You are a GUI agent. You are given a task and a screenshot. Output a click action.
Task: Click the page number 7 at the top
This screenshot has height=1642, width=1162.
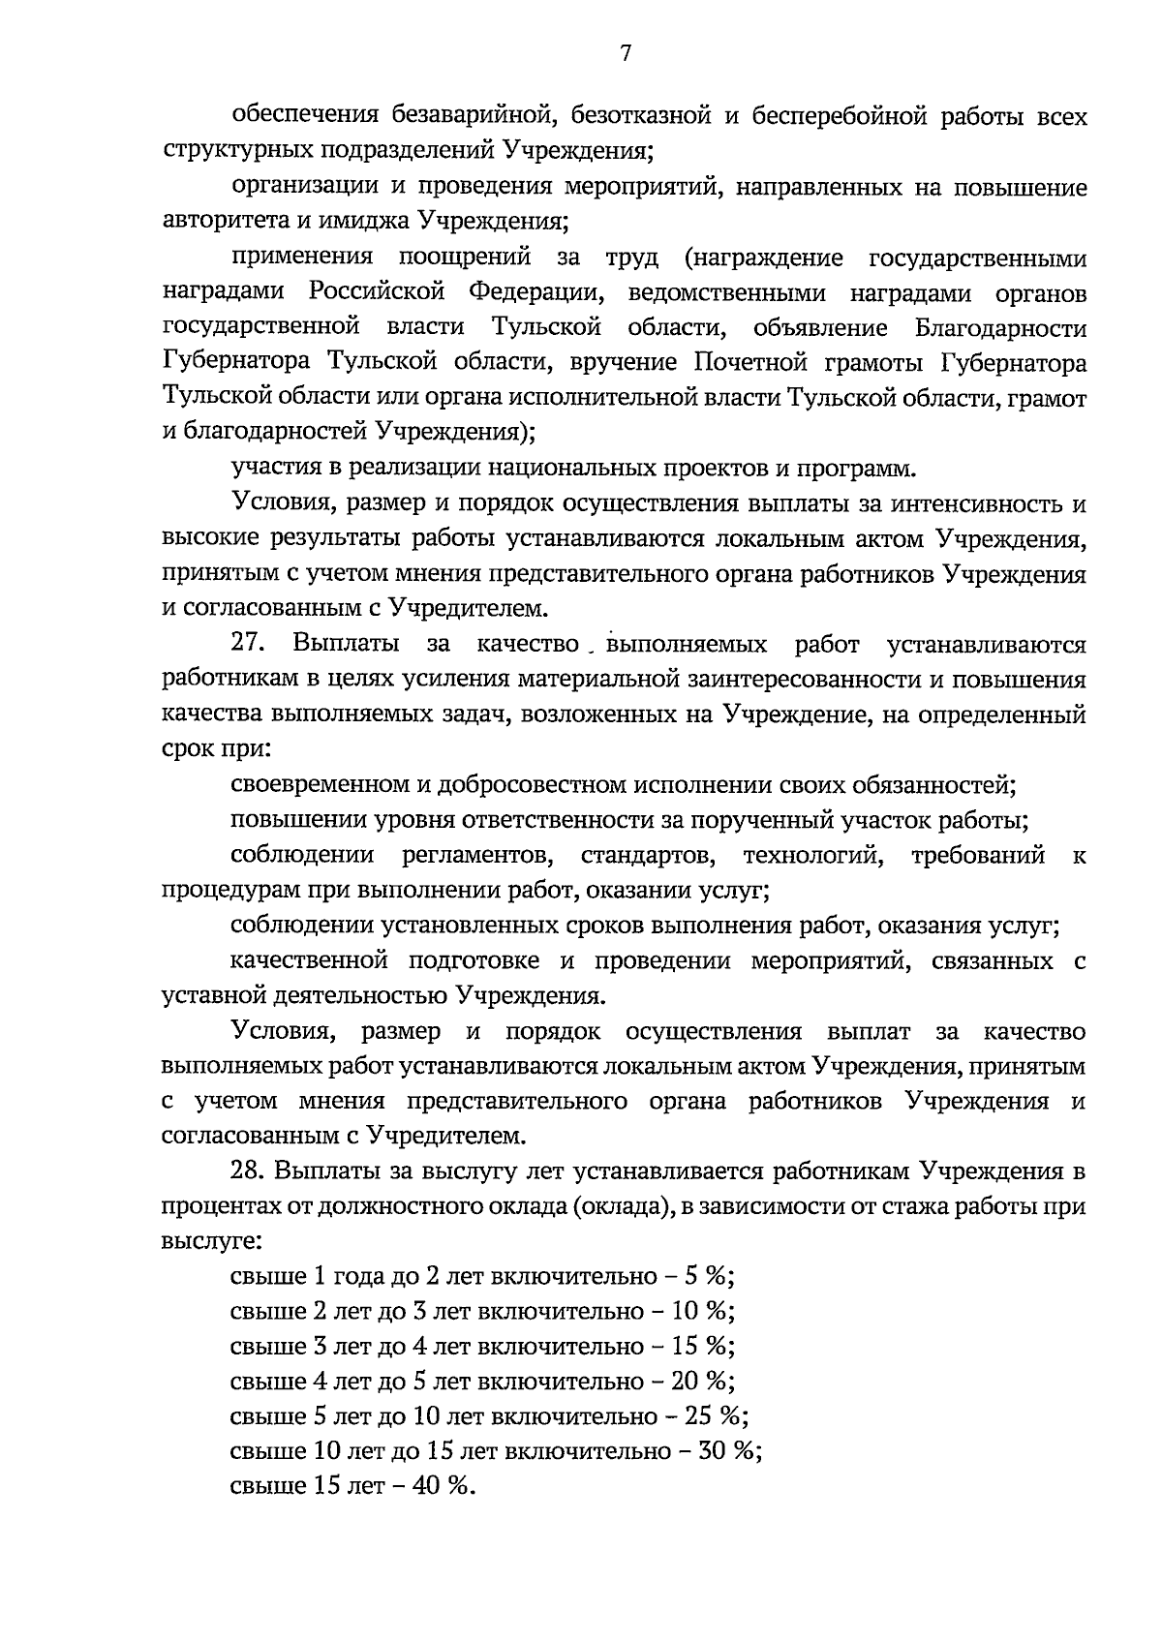[625, 54]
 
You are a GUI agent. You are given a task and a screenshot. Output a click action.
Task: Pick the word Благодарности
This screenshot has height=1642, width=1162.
[1000, 328]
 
